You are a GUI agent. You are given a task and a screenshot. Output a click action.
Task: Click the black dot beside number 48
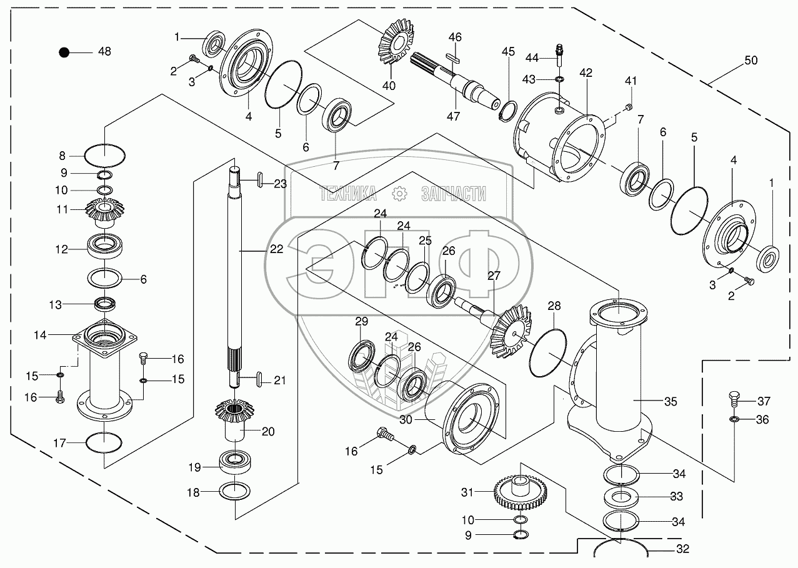click(64, 52)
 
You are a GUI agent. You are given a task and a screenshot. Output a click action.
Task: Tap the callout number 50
click(751, 61)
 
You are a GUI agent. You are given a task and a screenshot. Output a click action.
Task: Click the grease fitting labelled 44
click(560, 52)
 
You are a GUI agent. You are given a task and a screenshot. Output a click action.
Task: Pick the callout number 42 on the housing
click(585, 72)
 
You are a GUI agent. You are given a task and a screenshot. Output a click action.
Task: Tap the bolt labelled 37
click(735, 398)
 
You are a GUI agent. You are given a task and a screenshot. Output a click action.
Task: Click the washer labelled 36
click(735, 419)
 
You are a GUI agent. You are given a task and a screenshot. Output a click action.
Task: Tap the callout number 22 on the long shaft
click(276, 249)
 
